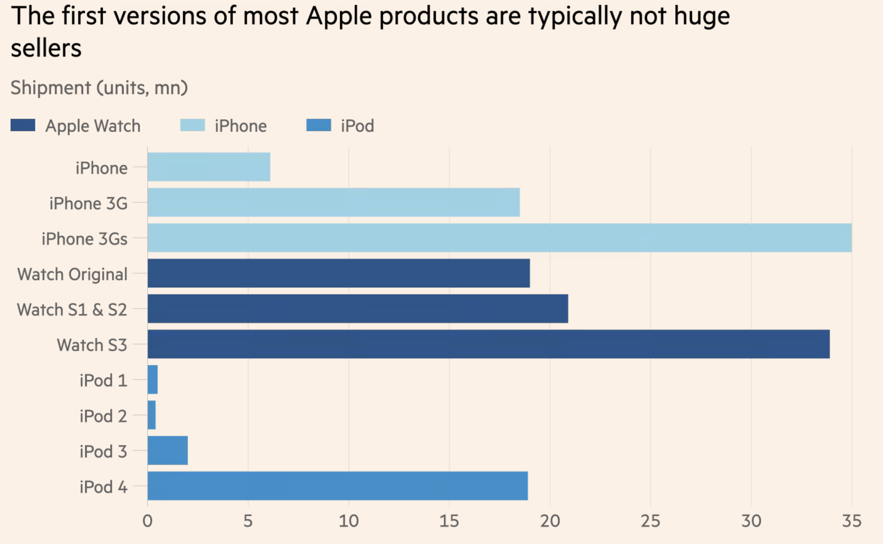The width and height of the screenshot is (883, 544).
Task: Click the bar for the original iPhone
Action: click(209, 167)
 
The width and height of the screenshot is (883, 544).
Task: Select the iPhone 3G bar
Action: click(333, 202)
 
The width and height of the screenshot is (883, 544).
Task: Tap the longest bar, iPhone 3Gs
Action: click(499, 238)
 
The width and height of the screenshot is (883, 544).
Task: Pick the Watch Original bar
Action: click(338, 273)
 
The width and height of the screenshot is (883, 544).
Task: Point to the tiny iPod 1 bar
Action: click(152, 380)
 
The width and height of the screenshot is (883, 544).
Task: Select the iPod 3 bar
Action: click(167, 450)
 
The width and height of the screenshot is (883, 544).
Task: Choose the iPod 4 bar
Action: click(337, 486)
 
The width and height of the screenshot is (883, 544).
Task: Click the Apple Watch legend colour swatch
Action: click(23, 125)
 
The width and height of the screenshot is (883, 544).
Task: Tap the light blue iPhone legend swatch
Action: click(192, 125)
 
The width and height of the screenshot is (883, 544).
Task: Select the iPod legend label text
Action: click(357, 126)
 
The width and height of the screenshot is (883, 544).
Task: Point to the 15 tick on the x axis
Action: click(449, 521)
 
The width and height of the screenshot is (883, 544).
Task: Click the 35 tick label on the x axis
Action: click(851, 521)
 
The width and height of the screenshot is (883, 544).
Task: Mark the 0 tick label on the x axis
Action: click(147, 521)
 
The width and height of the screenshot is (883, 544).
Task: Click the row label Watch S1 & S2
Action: click(72, 309)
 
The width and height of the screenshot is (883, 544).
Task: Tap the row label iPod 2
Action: click(103, 416)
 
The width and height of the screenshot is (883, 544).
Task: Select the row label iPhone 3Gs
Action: click(84, 239)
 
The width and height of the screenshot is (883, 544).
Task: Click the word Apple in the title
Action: click(338, 17)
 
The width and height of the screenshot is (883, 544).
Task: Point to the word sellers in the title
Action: click(46, 48)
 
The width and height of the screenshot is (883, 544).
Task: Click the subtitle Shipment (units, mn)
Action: click(99, 88)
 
